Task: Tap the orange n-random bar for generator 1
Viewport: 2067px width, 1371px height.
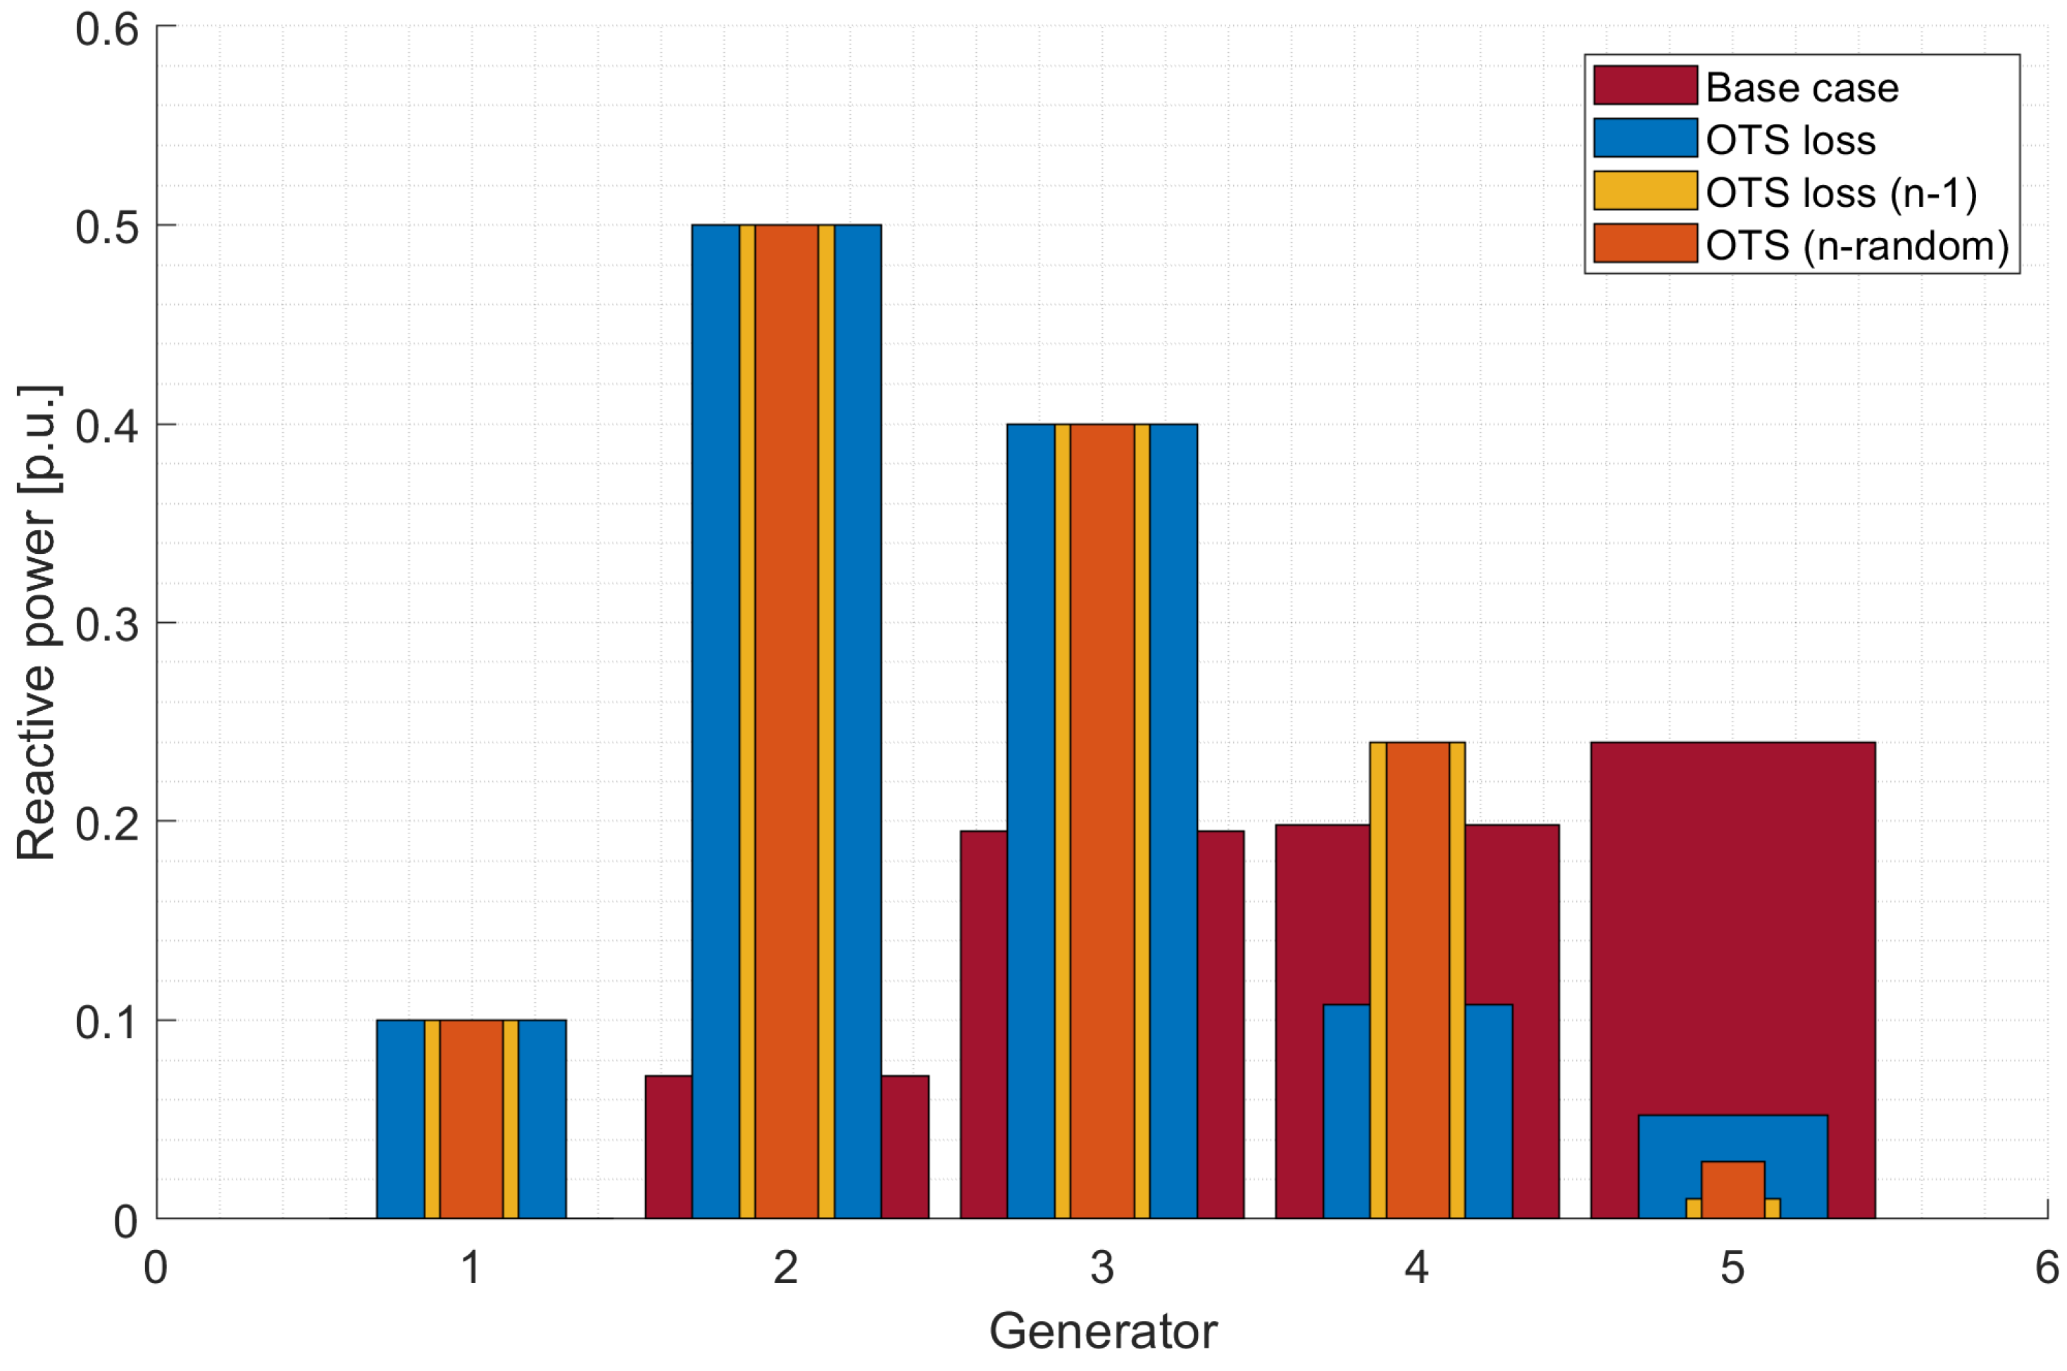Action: tap(470, 1119)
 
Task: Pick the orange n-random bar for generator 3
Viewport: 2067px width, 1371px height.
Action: tap(1101, 822)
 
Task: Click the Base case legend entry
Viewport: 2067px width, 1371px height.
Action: tap(1802, 87)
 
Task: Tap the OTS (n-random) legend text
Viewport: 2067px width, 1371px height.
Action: tap(1856, 246)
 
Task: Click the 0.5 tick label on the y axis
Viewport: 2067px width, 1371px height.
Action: tap(107, 227)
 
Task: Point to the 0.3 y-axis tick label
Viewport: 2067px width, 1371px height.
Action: tap(107, 624)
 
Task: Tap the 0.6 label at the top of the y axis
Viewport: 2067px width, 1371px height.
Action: tap(107, 30)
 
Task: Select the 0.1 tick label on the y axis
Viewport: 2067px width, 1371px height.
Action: tap(107, 1021)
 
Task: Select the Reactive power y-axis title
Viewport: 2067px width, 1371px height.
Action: tap(37, 623)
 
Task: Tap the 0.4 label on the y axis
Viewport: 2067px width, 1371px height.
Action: tap(107, 427)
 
